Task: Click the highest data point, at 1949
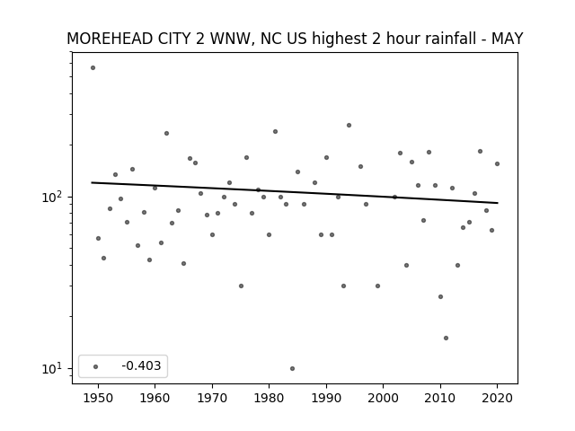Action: [93, 68]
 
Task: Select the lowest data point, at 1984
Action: [292, 369]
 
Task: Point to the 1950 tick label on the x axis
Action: [98, 398]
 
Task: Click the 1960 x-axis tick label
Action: [155, 398]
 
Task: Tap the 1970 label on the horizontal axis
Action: [212, 398]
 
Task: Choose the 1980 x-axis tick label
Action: [269, 398]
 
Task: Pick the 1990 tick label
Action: [326, 398]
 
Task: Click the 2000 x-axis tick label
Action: [384, 398]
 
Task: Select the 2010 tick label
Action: [440, 398]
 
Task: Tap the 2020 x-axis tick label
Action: [497, 398]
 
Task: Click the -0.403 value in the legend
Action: [142, 365]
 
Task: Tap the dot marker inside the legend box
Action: [96, 366]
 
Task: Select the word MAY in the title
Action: [507, 39]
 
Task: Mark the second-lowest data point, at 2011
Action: [446, 338]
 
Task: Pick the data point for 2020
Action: [497, 163]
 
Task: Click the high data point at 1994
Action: [349, 126]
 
